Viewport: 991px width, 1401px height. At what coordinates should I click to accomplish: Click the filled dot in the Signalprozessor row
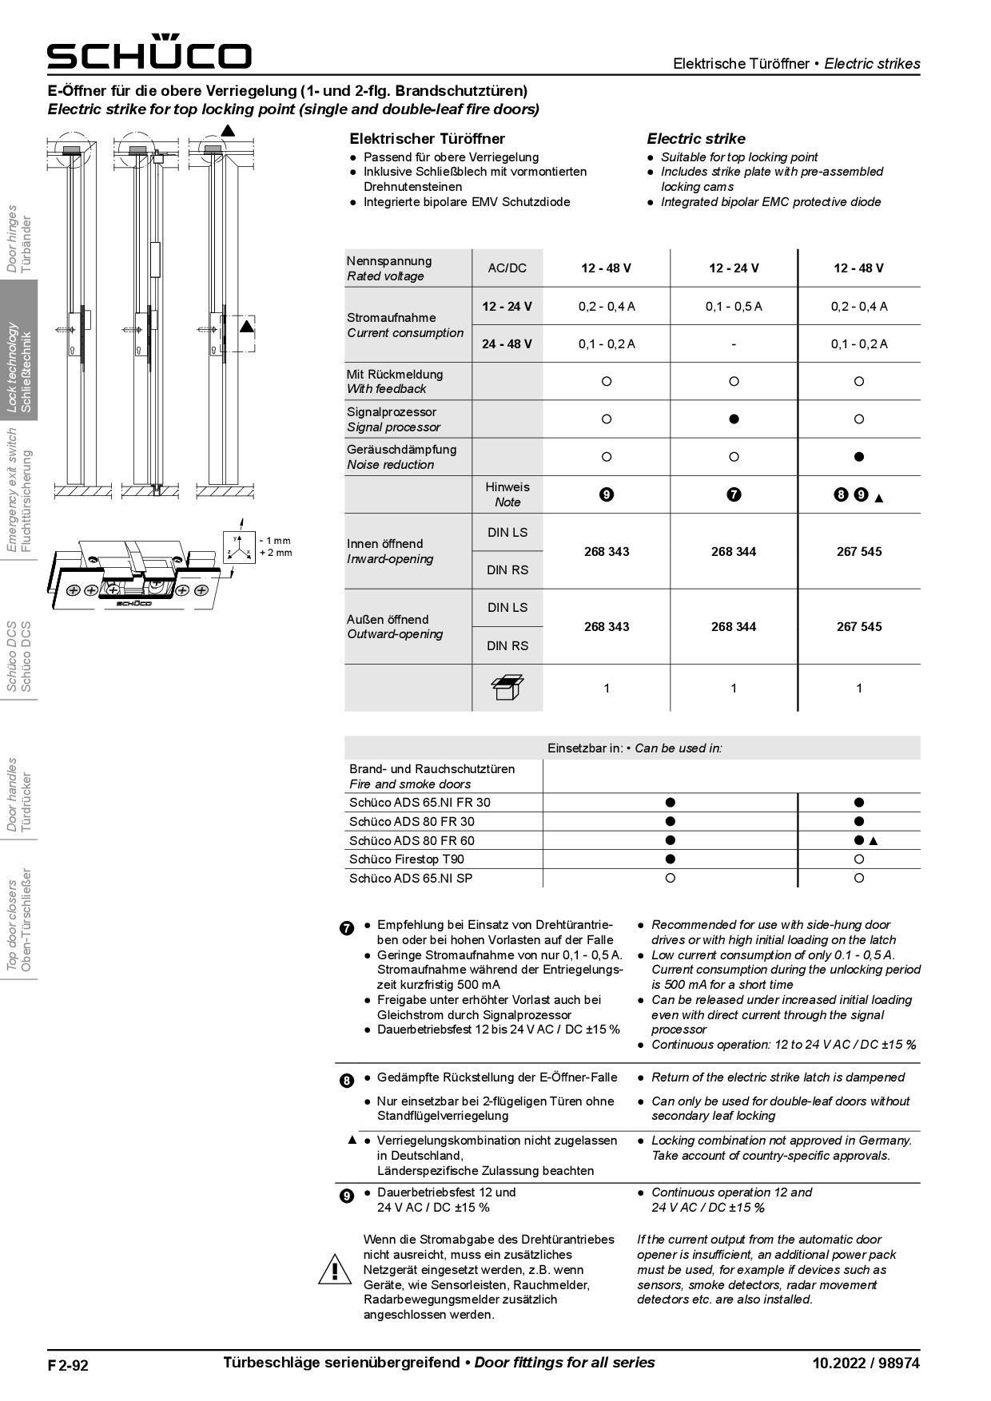point(734,419)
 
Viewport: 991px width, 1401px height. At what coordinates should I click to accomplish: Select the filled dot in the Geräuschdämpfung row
point(859,457)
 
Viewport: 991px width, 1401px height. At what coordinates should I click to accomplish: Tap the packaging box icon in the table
point(507,688)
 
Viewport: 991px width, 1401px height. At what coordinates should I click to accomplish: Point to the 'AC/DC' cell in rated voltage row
point(507,268)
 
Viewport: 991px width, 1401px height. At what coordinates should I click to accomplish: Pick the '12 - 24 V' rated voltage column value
point(734,268)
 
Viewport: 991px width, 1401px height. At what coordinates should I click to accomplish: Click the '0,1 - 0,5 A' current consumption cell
point(734,307)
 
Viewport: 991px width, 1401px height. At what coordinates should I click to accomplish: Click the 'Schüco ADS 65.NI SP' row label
point(410,879)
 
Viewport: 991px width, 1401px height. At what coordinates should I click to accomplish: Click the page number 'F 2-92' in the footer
point(68,1365)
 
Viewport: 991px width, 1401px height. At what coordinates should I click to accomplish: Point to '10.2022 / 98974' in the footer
point(866,1363)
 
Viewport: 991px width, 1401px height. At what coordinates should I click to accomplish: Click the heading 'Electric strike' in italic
point(695,139)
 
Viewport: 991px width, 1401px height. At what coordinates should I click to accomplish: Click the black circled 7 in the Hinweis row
point(734,495)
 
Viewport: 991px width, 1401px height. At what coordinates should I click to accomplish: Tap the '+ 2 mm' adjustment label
point(276,553)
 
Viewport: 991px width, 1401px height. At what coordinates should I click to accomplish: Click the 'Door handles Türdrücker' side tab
point(19,795)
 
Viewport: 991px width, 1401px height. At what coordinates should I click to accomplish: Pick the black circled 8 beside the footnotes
point(347,1081)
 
